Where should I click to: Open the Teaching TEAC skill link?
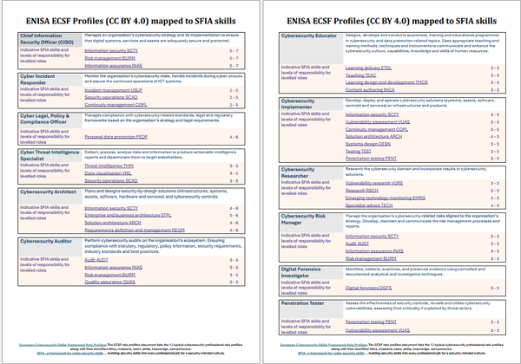[x=361, y=75]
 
